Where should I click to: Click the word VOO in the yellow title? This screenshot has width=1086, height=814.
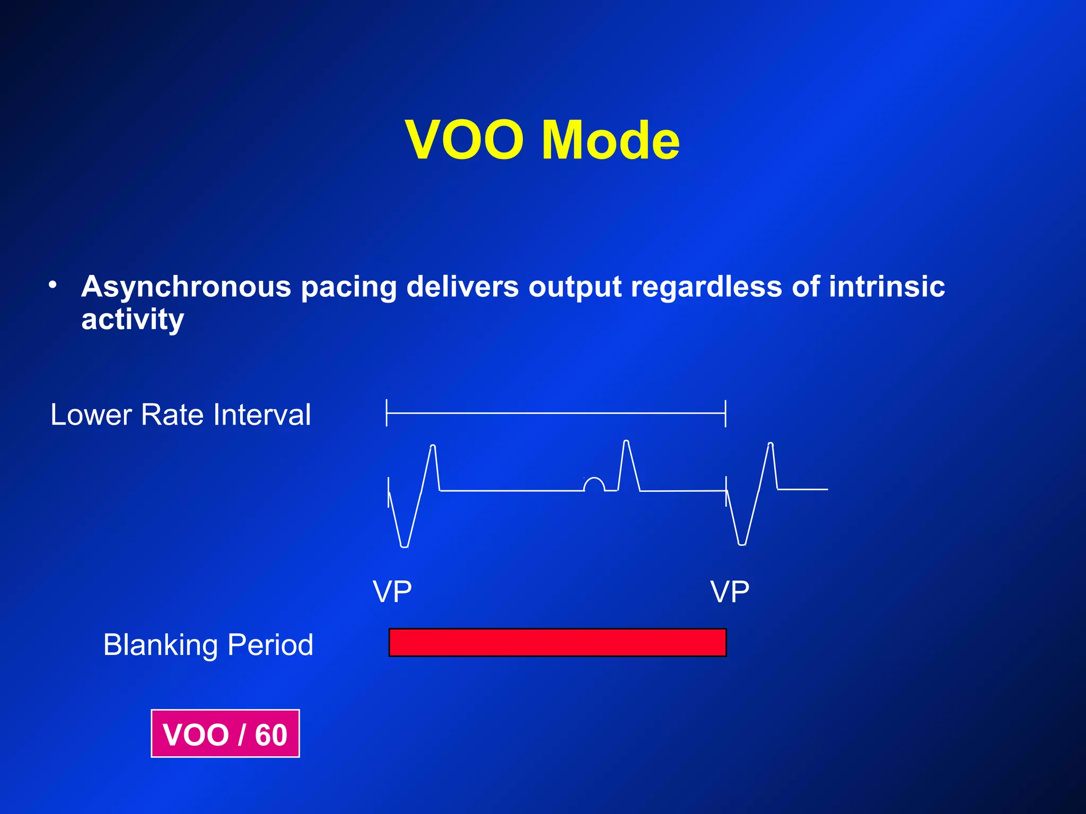pos(465,140)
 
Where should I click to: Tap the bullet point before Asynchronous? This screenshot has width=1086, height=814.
pos(52,286)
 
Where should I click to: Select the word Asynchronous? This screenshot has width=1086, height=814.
pos(186,287)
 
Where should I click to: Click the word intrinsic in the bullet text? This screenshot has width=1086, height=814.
pos(886,287)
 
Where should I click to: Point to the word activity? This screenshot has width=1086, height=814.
pos(133,320)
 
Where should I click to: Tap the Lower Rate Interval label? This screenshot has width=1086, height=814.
pos(180,414)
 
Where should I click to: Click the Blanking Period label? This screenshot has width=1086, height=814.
pos(208,645)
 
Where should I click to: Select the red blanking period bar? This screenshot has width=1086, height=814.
pos(557,642)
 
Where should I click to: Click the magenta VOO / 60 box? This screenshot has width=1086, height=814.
pos(225,734)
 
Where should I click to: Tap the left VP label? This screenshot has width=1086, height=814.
pos(392,592)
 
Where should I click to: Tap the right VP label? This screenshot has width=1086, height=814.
pos(730,592)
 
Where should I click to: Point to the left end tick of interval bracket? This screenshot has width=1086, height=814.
pos(387,413)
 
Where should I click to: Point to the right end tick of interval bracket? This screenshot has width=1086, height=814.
pos(725,413)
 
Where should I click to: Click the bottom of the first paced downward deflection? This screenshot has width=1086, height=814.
pos(404,545)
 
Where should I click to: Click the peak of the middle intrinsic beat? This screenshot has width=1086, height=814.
pos(626,441)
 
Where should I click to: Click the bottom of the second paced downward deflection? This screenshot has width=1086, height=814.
pos(742,544)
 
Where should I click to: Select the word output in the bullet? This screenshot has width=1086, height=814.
pos(575,287)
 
